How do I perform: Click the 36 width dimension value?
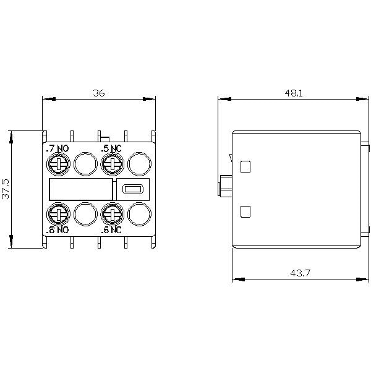[x=99, y=93]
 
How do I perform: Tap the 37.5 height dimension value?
[x=6, y=189]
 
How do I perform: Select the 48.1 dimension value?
[x=294, y=93]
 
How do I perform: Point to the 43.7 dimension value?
[x=300, y=273]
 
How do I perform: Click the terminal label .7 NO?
[x=58, y=148]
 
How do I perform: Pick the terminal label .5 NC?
[x=111, y=148]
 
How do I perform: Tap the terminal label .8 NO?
[x=58, y=230]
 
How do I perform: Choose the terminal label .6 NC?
[x=111, y=230]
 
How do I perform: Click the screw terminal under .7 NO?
[x=58, y=164]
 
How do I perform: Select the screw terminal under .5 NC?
[x=113, y=164]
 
